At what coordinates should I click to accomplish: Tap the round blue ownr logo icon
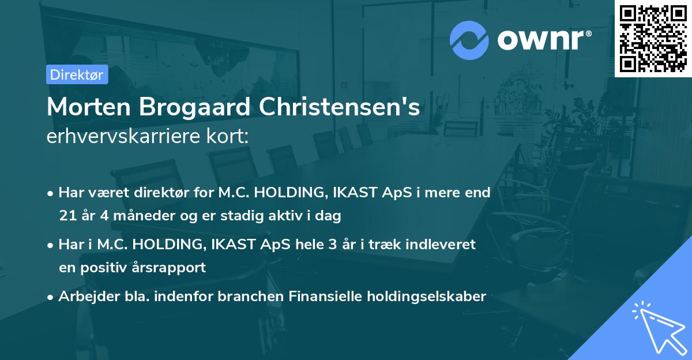click(469, 40)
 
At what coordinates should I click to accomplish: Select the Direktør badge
click(77, 74)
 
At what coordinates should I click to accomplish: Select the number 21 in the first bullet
click(66, 216)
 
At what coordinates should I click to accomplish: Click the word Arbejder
click(86, 297)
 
